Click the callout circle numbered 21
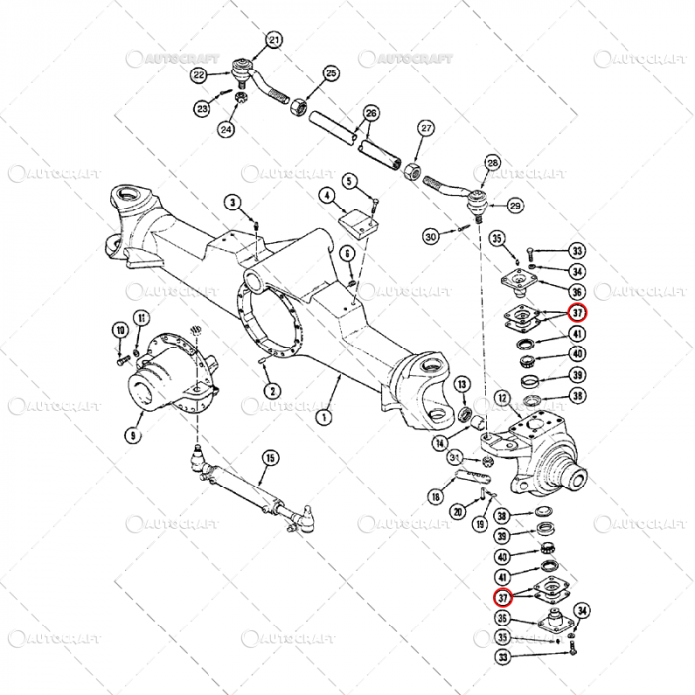tap(274, 40)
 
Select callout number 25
tap(331, 73)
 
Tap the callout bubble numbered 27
tap(426, 128)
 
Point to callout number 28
tap(492, 163)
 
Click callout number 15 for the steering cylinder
tap(270, 458)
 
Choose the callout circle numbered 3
tap(234, 204)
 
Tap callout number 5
tap(349, 181)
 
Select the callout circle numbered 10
tap(119, 331)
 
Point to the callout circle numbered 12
tap(502, 398)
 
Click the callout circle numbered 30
tap(430, 237)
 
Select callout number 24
tap(226, 129)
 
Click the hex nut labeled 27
tap(409, 161)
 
